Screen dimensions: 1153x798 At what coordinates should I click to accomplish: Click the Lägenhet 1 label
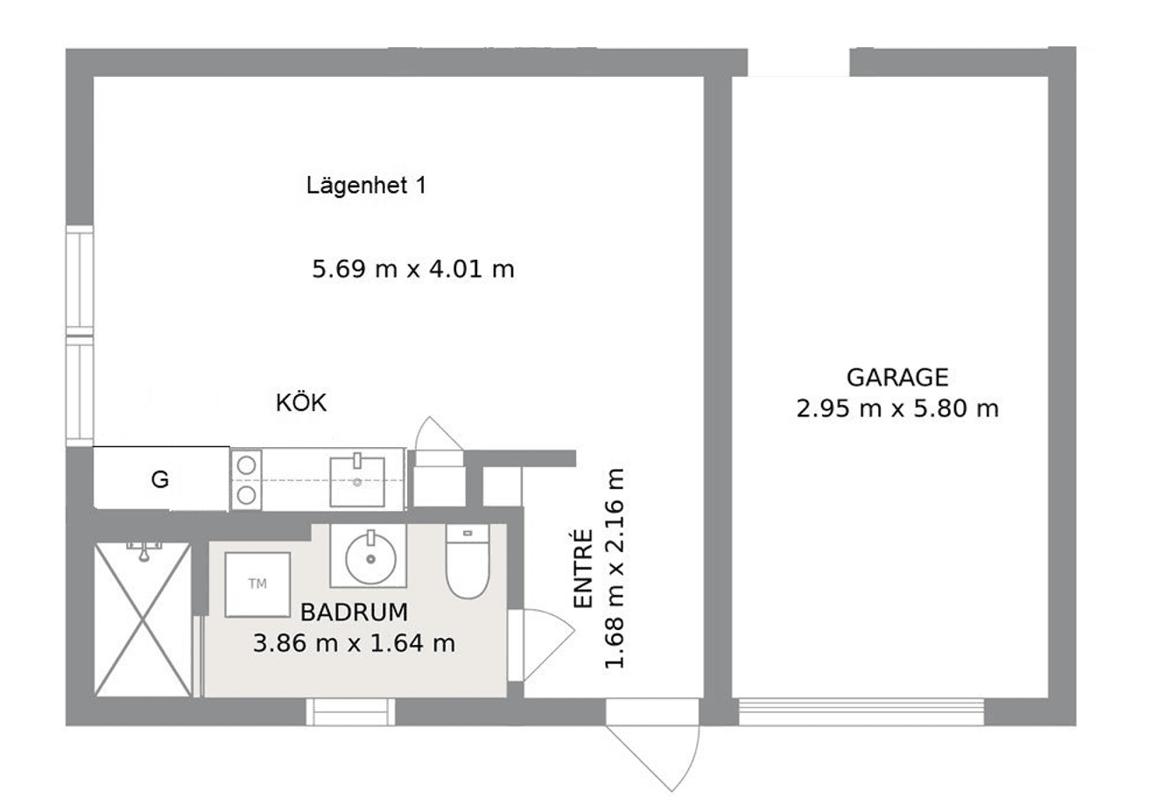pyautogui.click(x=367, y=185)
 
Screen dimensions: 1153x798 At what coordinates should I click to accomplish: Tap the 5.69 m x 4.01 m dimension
pyautogui.click(x=413, y=269)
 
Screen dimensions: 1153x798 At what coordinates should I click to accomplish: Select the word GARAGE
pyautogui.click(x=897, y=377)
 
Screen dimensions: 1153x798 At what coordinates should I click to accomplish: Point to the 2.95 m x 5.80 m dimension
pyautogui.click(x=897, y=409)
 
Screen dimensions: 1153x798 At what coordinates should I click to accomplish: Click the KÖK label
pyautogui.click(x=301, y=402)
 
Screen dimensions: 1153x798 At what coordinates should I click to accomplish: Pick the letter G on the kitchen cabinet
pyautogui.click(x=160, y=479)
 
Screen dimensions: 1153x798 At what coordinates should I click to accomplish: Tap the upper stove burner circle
pyautogui.click(x=247, y=465)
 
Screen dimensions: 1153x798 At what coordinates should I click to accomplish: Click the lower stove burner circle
pyautogui.click(x=247, y=495)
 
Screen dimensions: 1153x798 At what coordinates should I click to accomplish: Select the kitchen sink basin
pyautogui.click(x=357, y=481)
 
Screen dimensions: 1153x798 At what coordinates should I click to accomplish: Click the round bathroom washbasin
pyautogui.click(x=370, y=559)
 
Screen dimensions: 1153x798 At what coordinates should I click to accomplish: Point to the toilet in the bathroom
pyautogui.click(x=468, y=562)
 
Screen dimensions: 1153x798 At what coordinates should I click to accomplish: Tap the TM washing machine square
pyautogui.click(x=257, y=584)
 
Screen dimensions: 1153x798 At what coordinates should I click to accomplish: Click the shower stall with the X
pyautogui.click(x=143, y=620)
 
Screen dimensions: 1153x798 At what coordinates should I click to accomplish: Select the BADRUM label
pyautogui.click(x=355, y=612)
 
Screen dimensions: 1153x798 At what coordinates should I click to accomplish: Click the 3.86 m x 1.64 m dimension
pyautogui.click(x=355, y=644)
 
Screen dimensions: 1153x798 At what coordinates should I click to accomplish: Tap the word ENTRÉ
pyautogui.click(x=583, y=569)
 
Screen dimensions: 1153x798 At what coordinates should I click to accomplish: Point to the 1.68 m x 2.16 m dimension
pyautogui.click(x=614, y=569)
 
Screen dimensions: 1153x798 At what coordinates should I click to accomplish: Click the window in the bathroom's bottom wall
pyautogui.click(x=350, y=712)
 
